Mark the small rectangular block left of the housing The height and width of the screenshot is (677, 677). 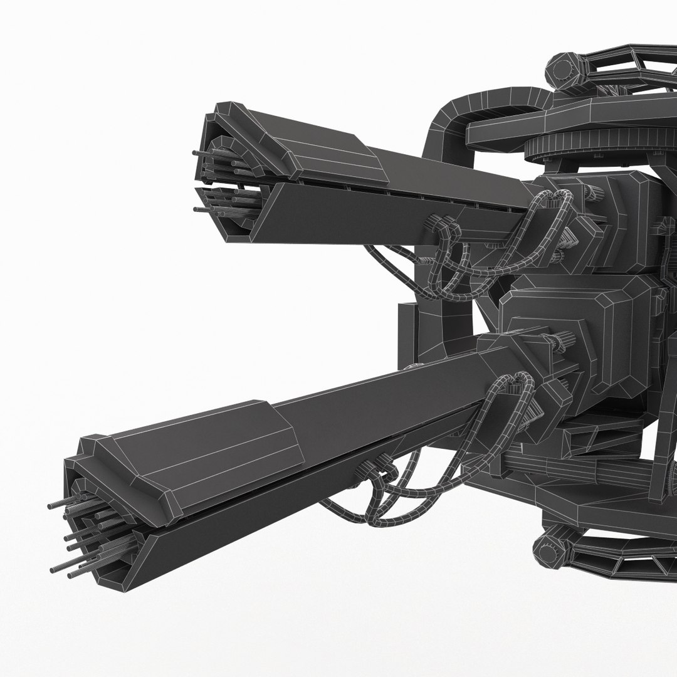click(x=408, y=326)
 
